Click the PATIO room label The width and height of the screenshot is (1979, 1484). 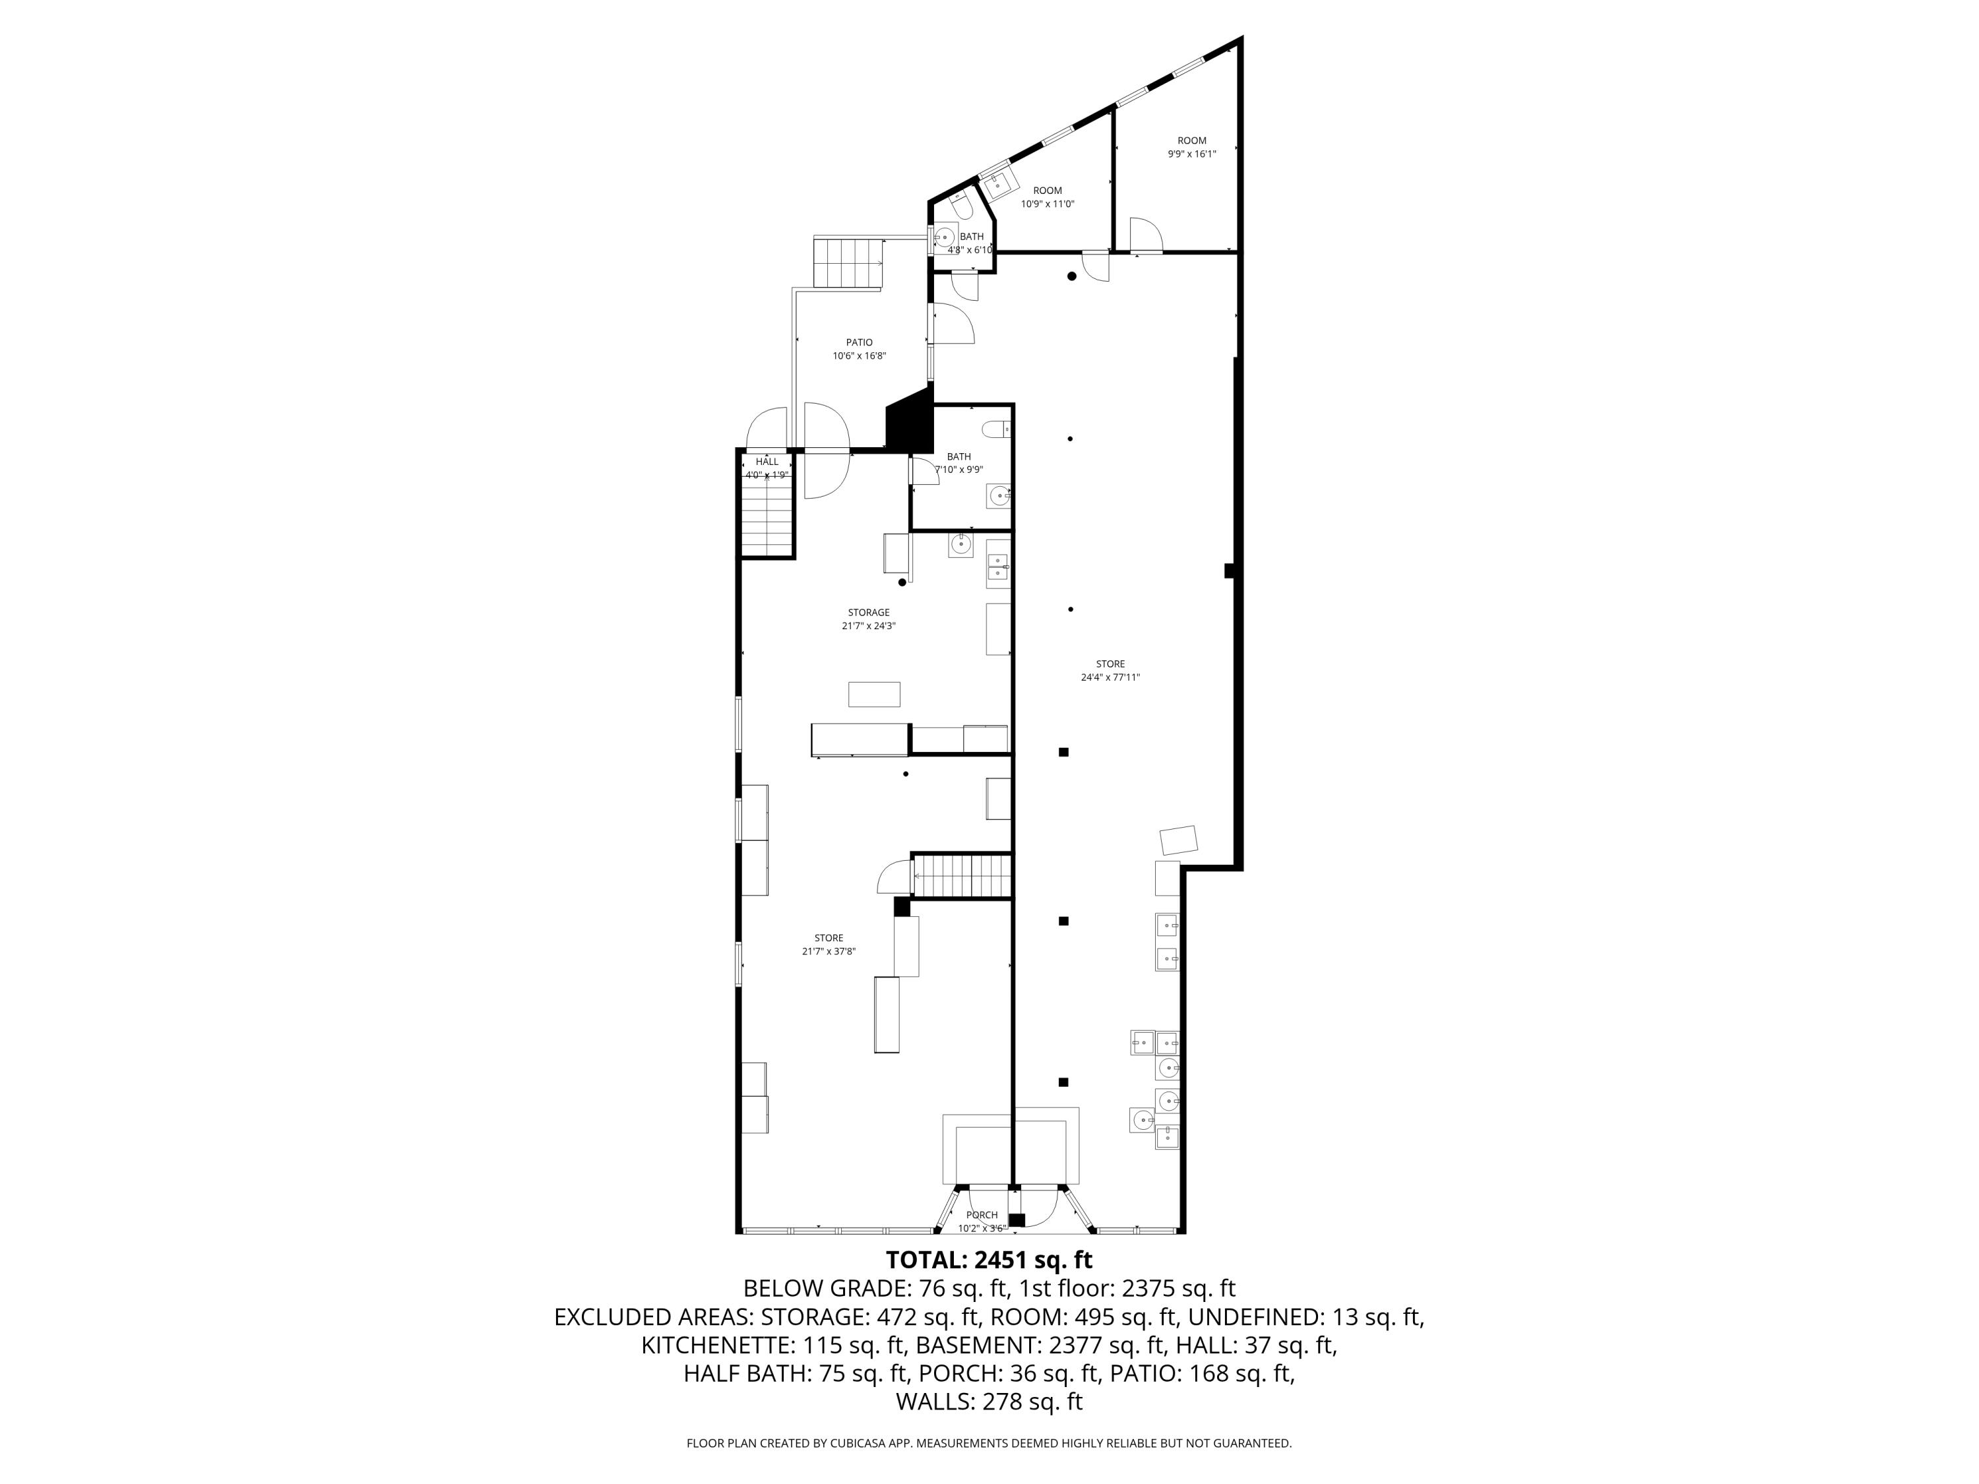pyautogui.click(x=859, y=342)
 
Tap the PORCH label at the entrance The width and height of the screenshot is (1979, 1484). pyautogui.click(x=982, y=1215)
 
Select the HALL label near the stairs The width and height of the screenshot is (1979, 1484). pyautogui.click(x=767, y=462)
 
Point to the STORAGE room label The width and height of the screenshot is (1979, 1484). pyautogui.click(x=868, y=613)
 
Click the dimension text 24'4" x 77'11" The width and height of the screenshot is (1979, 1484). pyautogui.click(x=1110, y=677)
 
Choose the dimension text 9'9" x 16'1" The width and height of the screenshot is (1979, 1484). pyautogui.click(x=1192, y=154)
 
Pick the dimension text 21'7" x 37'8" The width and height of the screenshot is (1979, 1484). pyautogui.click(x=829, y=952)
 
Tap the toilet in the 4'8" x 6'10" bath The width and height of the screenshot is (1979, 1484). pyautogui.click(x=962, y=206)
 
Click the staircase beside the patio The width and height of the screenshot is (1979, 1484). pyautogui.click(x=848, y=262)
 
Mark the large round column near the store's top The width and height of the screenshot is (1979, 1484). pyautogui.click(x=1071, y=276)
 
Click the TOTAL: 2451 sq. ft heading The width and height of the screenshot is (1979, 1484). pyautogui.click(x=989, y=1260)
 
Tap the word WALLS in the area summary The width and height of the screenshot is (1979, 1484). pyautogui.click(x=933, y=1402)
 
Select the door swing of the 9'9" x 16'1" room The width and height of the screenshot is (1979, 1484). pyautogui.click(x=1145, y=234)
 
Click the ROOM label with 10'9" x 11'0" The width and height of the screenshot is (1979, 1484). pyautogui.click(x=1048, y=191)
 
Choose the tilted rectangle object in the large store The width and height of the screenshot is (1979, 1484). pyautogui.click(x=1178, y=840)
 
